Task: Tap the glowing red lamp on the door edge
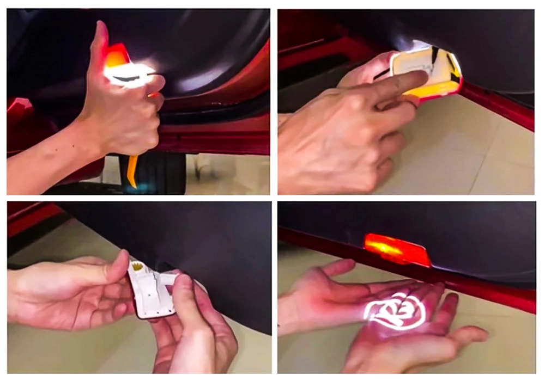tap(395, 249)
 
